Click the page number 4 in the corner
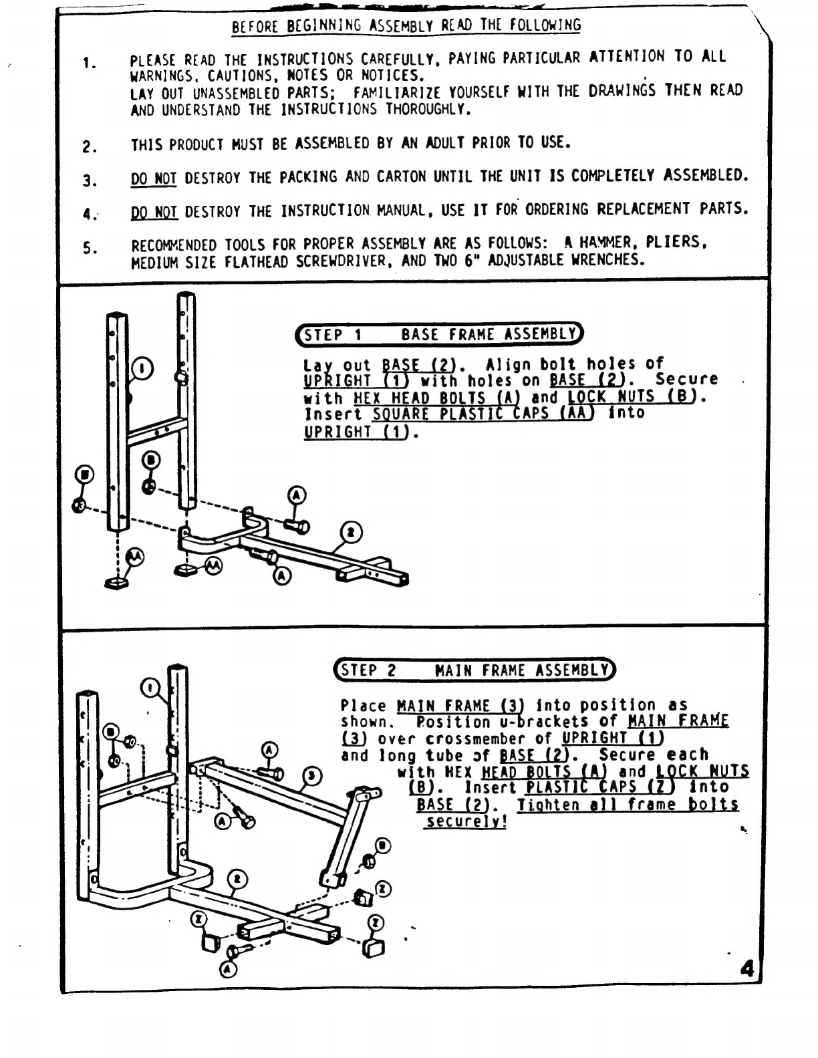(x=747, y=968)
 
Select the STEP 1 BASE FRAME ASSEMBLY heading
(x=439, y=334)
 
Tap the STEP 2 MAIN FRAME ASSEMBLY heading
(x=474, y=670)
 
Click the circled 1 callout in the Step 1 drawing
(x=143, y=368)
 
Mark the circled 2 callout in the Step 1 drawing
(x=351, y=533)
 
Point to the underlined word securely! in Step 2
(x=466, y=821)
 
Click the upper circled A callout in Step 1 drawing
(x=297, y=495)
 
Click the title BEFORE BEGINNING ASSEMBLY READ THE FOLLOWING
(x=406, y=26)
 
